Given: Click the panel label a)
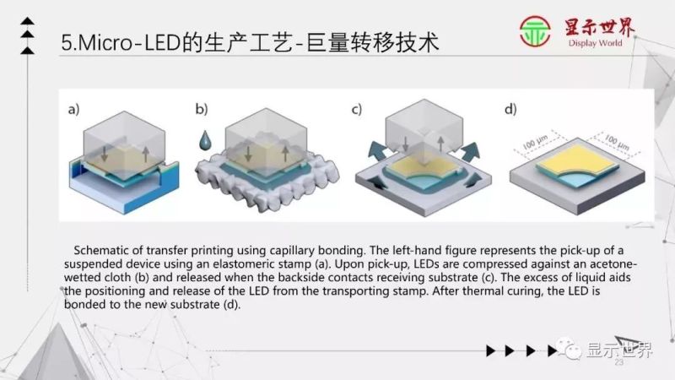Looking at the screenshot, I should point(73,109).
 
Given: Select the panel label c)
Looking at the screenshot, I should point(357,109).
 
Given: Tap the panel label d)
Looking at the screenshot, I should point(510,109).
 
